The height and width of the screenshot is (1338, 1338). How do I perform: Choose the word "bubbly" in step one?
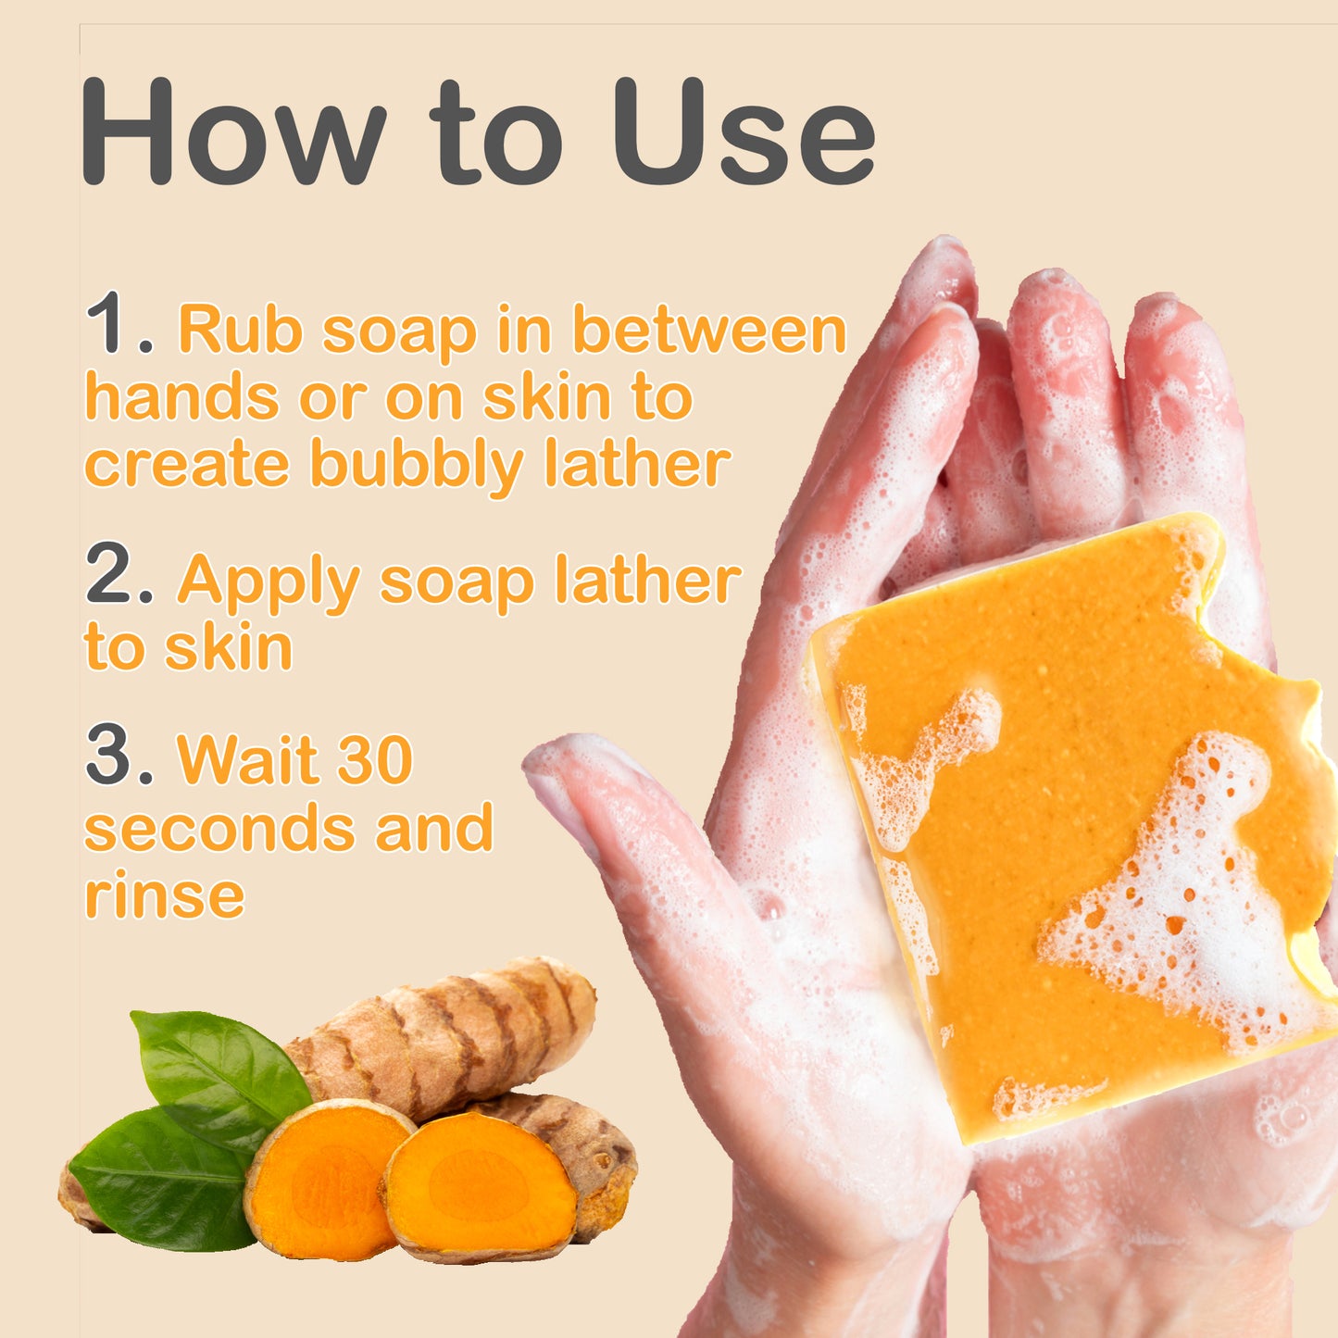coord(417,465)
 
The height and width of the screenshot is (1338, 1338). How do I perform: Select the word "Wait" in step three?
coord(247,760)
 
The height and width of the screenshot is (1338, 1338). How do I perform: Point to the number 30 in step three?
coord(374,760)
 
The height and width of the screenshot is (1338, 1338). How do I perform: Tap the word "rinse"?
coord(165,895)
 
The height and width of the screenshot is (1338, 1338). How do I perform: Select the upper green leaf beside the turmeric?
coord(218,1074)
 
